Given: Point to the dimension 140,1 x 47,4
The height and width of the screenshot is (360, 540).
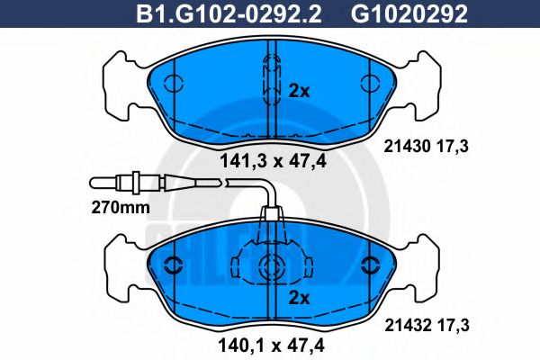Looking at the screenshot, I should click(270, 343).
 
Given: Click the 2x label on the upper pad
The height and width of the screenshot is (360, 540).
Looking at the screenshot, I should click(299, 91).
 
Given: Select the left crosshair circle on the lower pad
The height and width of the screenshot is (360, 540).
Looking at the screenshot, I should click(168, 265).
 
